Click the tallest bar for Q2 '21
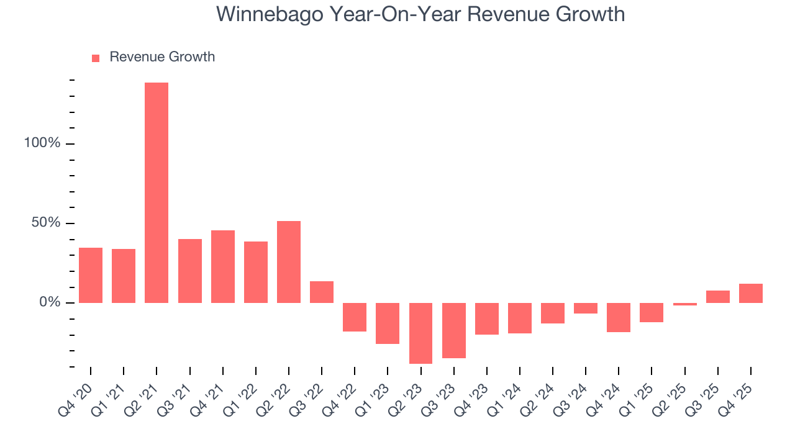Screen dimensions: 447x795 click(x=157, y=192)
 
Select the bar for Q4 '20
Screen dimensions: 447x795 click(x=91, y=275)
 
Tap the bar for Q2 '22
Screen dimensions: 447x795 click(x=289, y=261)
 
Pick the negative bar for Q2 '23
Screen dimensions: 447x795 click(x=420, y=333)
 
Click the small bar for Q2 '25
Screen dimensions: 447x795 click(x=685, y=304)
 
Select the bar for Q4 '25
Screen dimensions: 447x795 click(x=751, y=293)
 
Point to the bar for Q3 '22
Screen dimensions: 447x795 click(x=322, y=292)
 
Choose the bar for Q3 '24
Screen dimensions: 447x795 click(x=586, y=308)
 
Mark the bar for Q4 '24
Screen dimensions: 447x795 click(x=619, y=317)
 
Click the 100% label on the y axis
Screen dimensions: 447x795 click(x=42, y=143)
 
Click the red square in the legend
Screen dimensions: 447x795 click(x=96, y=58)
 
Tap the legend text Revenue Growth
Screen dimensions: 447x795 click(x=162, y=57)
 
